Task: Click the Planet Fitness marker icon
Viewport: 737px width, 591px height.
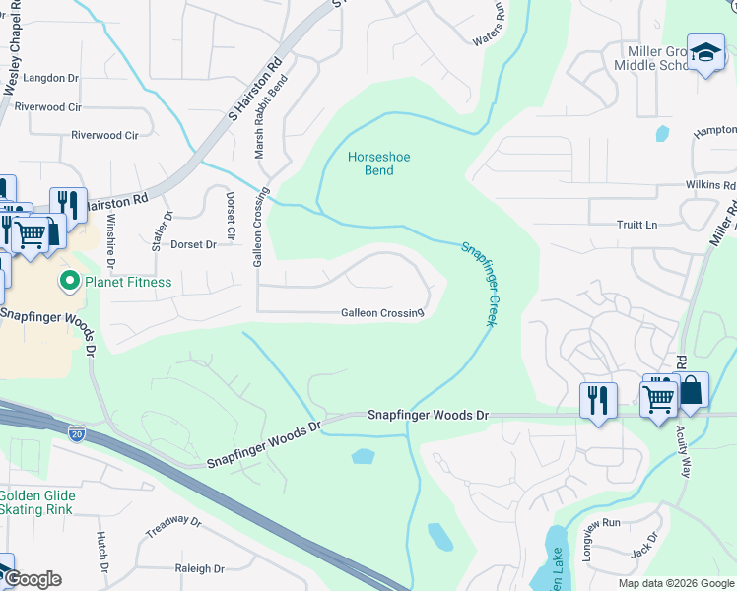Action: point(69,283)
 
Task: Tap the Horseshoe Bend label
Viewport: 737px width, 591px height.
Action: point(370,164)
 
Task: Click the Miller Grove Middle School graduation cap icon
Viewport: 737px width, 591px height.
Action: point(705,54)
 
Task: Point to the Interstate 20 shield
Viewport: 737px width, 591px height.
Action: point(78,432)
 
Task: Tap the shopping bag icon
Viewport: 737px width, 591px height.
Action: point(691,391)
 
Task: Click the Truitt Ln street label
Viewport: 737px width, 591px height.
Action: point(637,225)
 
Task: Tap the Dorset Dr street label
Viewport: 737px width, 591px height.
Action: point(193,244)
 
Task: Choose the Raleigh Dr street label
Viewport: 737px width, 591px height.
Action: point(200,568)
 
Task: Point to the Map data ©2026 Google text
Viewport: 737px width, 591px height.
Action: point(675,583)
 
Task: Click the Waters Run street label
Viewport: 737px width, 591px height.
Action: point(489,26)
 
